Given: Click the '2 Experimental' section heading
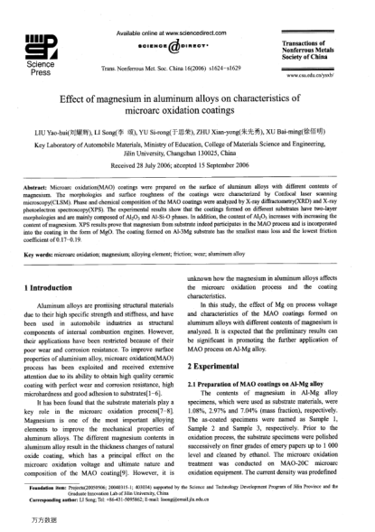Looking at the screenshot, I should (x=222, y=368).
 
